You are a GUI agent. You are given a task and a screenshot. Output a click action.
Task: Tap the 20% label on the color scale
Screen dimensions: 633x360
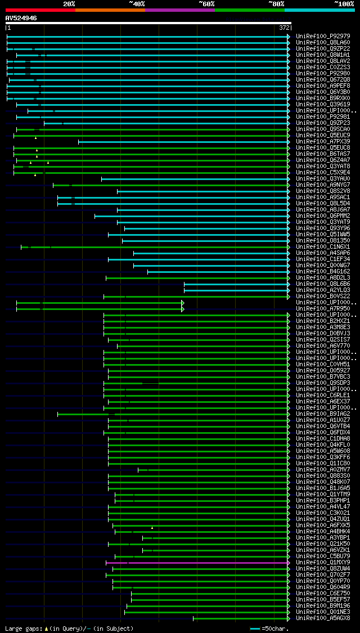click(x=69, y=4)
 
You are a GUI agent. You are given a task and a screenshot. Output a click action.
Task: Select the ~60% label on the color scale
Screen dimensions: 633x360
click(x=206, y=4)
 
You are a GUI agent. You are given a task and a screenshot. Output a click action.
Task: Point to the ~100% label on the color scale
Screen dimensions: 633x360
click(x=344, y=4)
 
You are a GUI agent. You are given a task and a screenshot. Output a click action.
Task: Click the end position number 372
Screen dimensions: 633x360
click(x=284, y=28)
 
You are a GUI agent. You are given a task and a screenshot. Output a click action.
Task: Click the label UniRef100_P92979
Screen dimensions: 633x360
click(x=323, y=37)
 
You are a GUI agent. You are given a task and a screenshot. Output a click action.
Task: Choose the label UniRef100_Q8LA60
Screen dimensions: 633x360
click(x=323, y=43)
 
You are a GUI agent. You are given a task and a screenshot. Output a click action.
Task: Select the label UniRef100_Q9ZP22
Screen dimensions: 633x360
click(x=323, y=49)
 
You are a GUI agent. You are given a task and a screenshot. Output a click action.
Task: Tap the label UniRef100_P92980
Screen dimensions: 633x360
click(x=323, y=74)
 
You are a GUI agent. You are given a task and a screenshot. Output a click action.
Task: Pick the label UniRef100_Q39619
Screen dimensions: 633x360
click(x=323, y=105)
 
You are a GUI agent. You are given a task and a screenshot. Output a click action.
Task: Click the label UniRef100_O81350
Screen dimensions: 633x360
click(x=323, y=241)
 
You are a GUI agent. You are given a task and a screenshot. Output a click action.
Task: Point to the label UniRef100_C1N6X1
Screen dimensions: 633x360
click(x=323, y=247)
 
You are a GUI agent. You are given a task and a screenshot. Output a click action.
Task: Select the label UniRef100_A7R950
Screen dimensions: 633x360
click(x=323, y=309)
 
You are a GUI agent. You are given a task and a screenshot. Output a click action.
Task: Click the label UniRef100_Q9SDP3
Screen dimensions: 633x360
click(x=323, y=383)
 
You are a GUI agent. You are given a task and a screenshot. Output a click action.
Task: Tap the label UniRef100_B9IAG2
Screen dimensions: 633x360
click(x=323, y=414)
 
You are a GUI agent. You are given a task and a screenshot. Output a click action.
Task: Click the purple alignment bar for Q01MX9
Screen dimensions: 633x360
click(x=197, y=563)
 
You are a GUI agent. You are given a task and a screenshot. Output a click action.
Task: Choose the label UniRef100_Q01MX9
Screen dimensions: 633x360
click(x=323, y=563)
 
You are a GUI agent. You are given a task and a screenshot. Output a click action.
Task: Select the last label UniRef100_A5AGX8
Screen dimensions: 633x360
click(x=323, y=618)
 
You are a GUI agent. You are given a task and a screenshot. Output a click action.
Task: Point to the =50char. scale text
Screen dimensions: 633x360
click(x=276, y=628)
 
